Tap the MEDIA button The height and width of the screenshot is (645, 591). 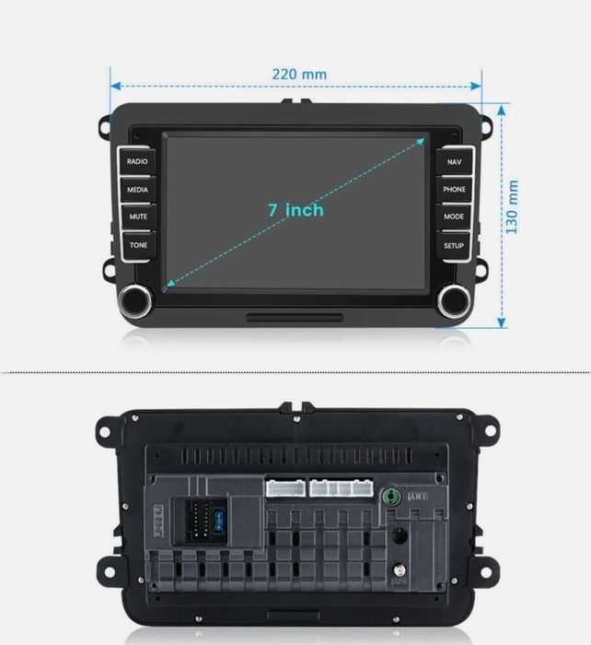(137, 190)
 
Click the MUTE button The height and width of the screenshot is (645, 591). (137, 217)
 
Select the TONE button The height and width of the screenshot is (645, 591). (137, 245)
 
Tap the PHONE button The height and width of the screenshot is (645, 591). (454, 190)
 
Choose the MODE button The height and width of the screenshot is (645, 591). (454, 217)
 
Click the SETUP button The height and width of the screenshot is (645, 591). (454, 245)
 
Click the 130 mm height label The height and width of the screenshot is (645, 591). (513, 206)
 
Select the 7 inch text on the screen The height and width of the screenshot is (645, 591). (295, 210)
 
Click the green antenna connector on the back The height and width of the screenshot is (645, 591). (392, 496)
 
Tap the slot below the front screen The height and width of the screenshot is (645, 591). (295, 317)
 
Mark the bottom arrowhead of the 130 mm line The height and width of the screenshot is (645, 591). (502, 322)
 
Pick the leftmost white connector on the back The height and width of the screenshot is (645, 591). (284, 487)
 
